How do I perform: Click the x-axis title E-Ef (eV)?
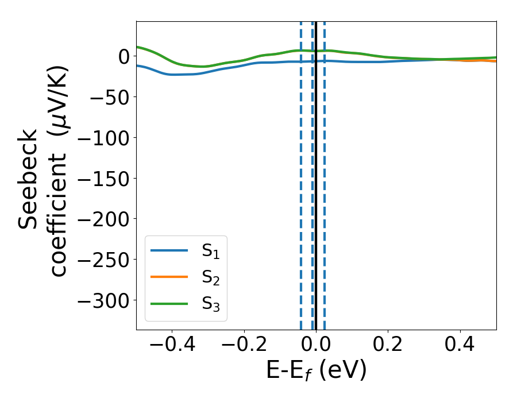point(316,371)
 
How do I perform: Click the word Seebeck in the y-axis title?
point(28,179)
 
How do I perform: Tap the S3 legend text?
point(210,303)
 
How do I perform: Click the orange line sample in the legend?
point(169,277)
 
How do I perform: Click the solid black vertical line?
point(316,172)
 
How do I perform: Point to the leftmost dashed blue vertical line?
point(301,172)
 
